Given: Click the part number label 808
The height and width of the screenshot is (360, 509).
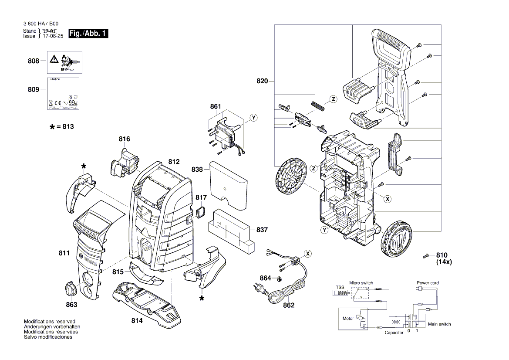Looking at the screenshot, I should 34,61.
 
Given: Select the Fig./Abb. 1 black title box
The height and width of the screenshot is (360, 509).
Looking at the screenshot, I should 88,34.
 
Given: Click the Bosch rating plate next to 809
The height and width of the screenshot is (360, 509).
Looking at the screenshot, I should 63,94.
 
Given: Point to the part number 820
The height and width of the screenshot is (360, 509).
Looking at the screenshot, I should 262,81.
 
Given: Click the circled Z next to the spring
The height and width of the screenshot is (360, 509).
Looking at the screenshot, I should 333,99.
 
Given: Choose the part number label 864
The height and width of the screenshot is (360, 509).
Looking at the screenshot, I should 266,278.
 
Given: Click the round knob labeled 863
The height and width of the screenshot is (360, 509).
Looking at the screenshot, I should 71,289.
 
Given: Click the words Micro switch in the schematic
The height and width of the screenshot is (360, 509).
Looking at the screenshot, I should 361,283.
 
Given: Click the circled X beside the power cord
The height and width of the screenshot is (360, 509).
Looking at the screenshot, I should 308,253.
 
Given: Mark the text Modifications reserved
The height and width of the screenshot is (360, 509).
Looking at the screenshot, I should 49,321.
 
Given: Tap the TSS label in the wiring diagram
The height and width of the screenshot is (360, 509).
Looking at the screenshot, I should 340,288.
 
